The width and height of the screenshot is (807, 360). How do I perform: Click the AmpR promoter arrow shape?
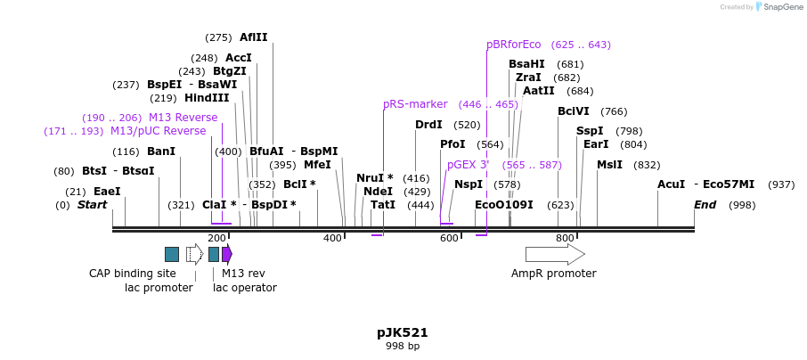[x=554, y=255]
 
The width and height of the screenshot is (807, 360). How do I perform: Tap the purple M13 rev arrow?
[x=227, y=255]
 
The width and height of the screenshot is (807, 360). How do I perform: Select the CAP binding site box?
[x=172, y=255]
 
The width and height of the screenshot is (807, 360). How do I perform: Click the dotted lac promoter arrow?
[x=194, y=255]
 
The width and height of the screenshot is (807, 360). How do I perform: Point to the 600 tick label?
[x=449, y=238]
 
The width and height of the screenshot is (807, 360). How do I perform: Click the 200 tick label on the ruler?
[x=216, y=238]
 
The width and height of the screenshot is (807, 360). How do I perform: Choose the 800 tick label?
[x=565, y=238]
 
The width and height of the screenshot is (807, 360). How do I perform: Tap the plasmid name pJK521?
[x=403, y=332]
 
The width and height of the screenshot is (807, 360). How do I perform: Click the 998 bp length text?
[x=403, y=346]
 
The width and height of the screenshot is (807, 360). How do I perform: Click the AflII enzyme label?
[x=253, y=37]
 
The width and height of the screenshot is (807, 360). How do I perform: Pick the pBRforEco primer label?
[x=514, y=45]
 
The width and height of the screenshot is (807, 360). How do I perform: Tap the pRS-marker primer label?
[x=415, y=104]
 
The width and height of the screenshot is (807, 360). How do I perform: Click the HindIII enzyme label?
[x=207, y=98]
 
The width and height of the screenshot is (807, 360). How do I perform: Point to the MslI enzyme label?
[x=610, y=165]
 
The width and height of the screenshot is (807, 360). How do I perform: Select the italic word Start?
[x=93, y=205]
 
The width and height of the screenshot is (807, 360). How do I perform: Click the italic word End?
[x=705, y=205]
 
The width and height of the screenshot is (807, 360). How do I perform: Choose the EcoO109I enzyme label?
[x=504, y=205]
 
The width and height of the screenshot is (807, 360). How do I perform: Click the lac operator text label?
[x=245, y=287]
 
